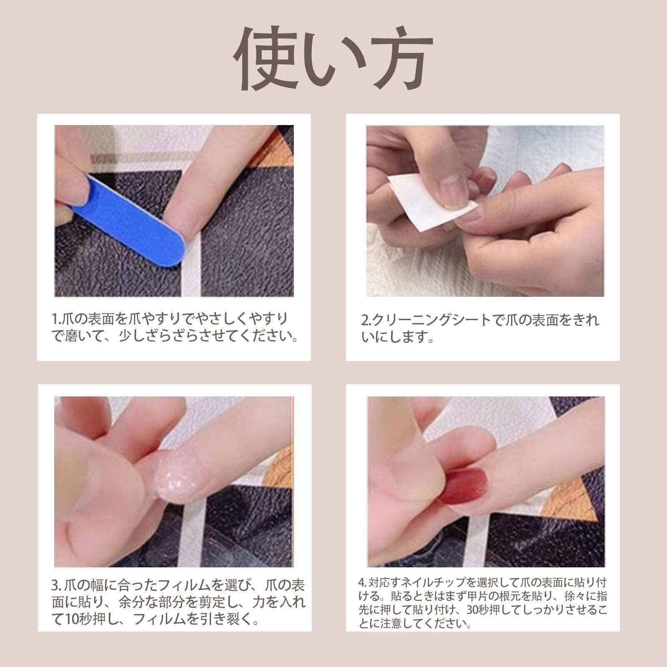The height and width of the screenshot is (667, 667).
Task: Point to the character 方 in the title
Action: pos(394,58)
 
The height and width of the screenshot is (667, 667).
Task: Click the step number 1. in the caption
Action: pos(57,319)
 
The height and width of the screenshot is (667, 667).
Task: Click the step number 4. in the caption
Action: pos(362,582)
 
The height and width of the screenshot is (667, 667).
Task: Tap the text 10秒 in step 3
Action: pos(77,619)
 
